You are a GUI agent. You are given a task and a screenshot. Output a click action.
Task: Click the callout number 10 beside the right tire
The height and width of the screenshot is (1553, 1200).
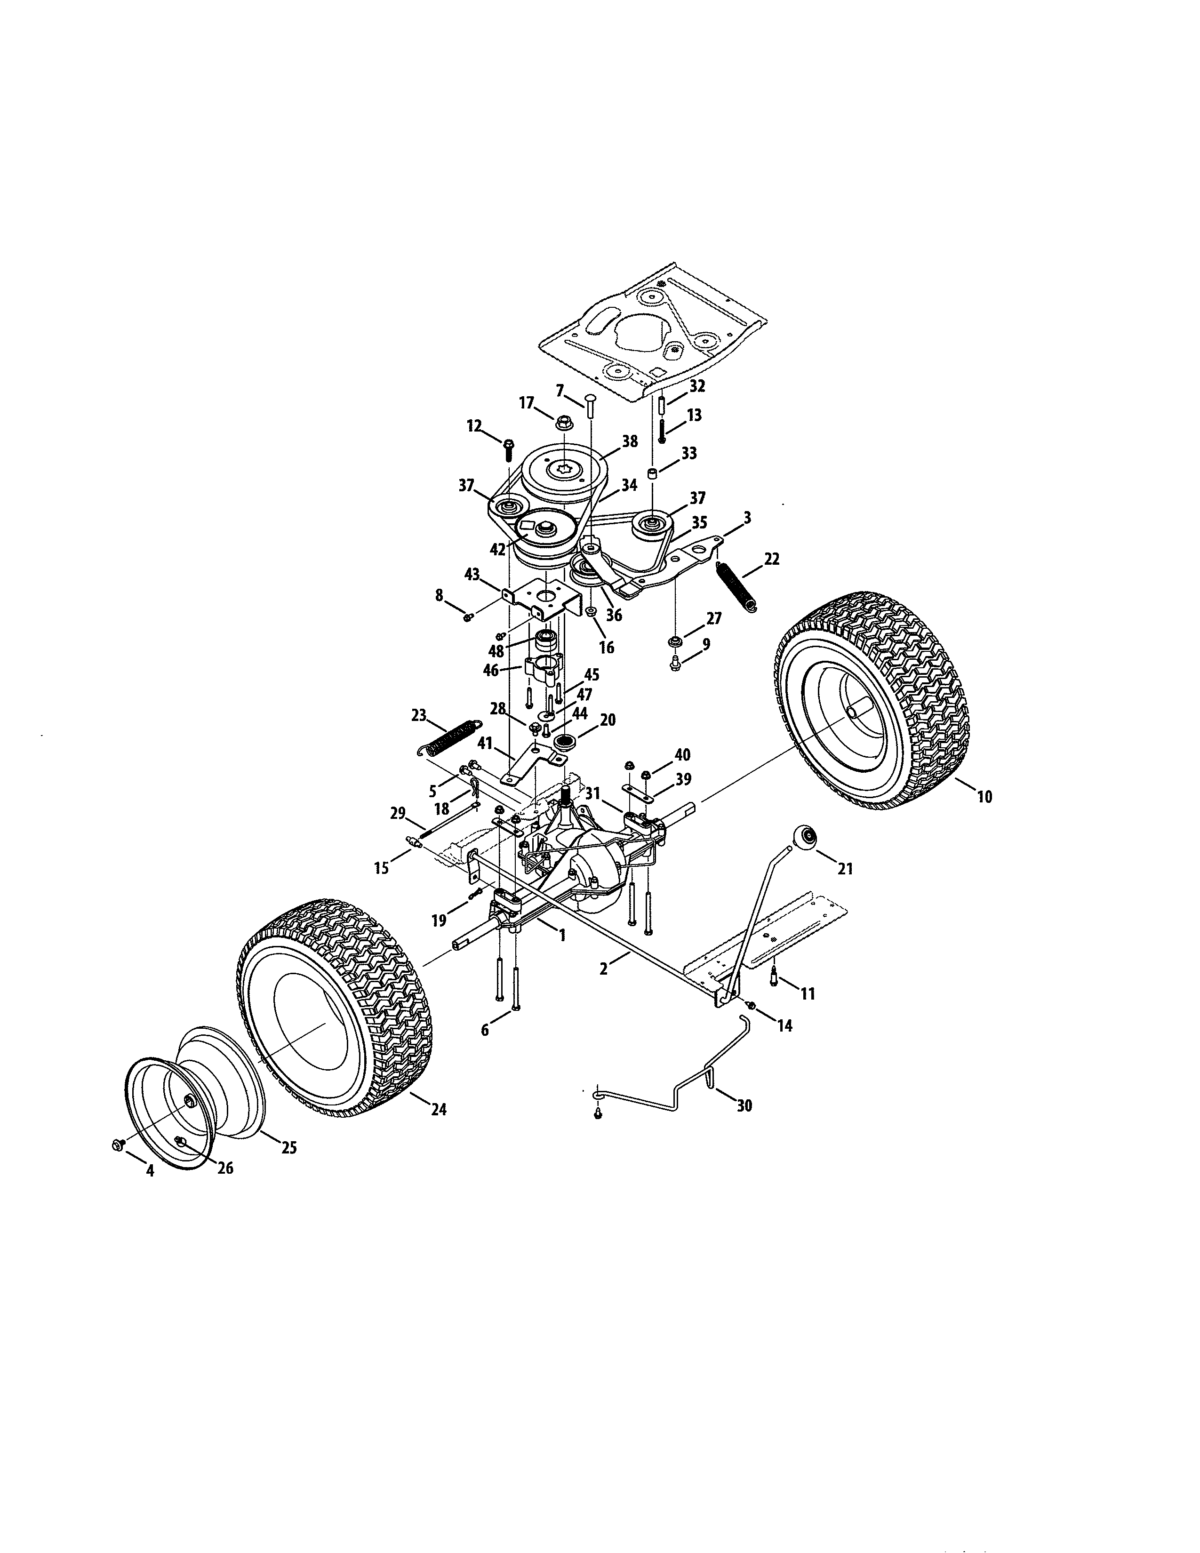coord(984,797)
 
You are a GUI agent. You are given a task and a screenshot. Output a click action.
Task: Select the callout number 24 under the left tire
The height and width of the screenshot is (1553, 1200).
coord(439,1109)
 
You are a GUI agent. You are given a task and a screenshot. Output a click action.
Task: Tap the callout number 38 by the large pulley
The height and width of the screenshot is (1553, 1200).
coord(630,441)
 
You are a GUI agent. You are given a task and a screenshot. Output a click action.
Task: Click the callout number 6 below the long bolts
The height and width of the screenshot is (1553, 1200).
coord(486,1030)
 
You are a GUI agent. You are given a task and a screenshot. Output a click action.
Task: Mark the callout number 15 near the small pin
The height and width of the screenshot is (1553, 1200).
coord(382,867)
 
